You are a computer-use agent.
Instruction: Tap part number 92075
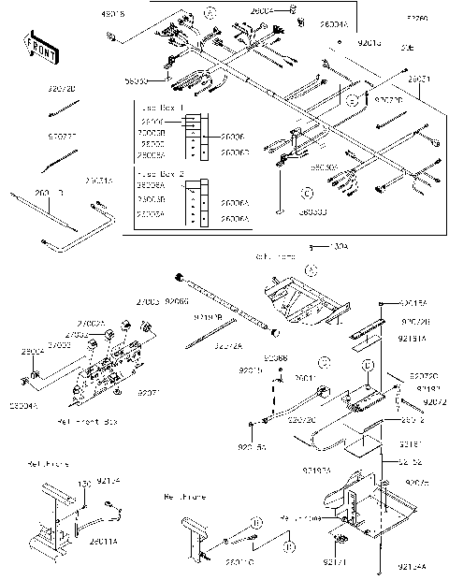point(418,482)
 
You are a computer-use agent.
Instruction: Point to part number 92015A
point(413,304)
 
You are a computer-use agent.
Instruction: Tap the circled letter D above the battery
point(369,365)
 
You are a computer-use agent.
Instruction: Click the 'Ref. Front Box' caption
point(100,423)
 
